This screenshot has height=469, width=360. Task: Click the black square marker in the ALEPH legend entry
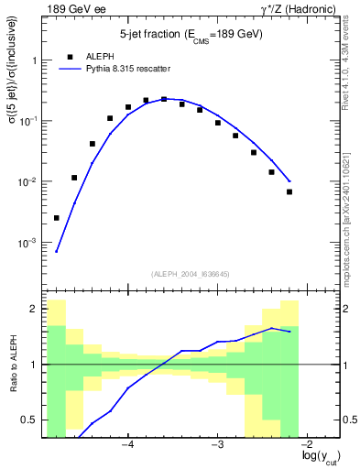(x=71, y=55)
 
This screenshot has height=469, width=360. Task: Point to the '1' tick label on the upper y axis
(x=34, y=60)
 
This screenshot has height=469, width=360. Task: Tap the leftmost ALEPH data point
(x=57, y=218)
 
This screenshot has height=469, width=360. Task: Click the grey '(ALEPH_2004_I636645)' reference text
(x=191, y=273)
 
